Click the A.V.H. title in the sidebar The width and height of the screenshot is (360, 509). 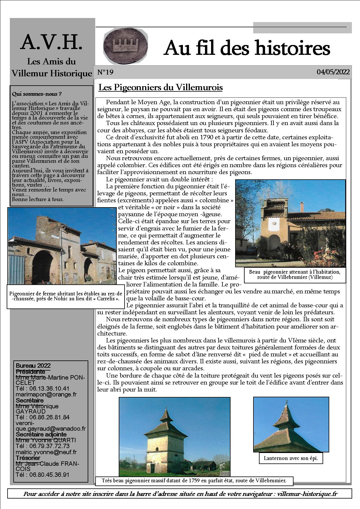pyautogui.click(x=52, y=42)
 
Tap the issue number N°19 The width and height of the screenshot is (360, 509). pyautogui.click(x=105, y=72)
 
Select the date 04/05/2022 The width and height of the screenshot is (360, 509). pyautogui.click(x=333, y=72)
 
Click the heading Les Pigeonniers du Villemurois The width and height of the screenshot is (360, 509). pyautogui.click(x=161, y=87)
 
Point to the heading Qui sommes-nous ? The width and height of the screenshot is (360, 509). pyautogui.click(x=37, y=94)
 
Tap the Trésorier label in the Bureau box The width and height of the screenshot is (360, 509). pyautogui.click(x=28, y=458)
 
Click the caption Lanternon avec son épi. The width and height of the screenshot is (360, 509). pyautogui.click(x=291, y=459)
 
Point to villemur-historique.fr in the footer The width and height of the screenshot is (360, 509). pyautogui.click(x=307, y=494)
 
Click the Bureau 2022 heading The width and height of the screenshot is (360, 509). pyautogui.click(x=33, y=366)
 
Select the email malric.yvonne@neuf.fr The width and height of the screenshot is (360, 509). pyautogui.click(x=46, y=452)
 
